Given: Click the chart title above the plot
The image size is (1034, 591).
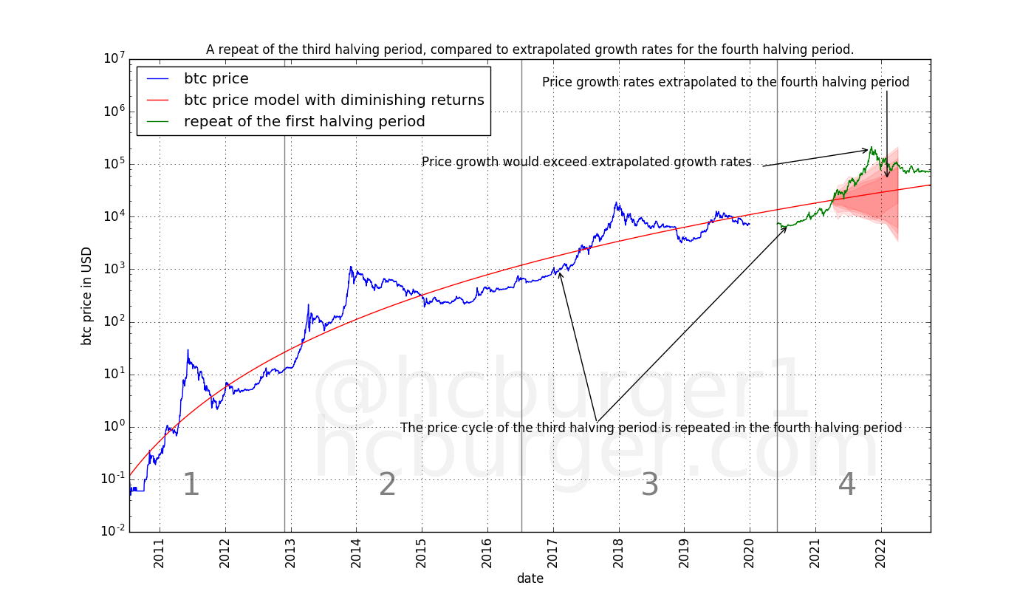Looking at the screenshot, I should pyautogui.click(x=530, y=49).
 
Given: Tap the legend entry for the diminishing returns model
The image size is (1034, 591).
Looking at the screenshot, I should pyautogui.click(x=334, y=100).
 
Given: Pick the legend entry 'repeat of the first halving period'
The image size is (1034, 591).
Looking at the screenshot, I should pyautogui.click(x=304, y=122).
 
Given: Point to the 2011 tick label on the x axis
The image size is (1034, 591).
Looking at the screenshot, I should pyautogui.click(x=160, y=554).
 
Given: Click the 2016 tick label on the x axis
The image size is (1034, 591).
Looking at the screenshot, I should pyautogui.click(x=487, y=554).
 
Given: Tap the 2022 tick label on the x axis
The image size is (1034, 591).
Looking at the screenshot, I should pyautogui.click(x=881, y=554).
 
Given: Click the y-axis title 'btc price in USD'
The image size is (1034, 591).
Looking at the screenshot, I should pyautogui.click(x=86, y=295).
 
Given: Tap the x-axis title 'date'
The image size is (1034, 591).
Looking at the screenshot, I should pyautogui.click(x=530, y=578).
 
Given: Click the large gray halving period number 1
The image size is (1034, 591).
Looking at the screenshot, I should pyautogui.click(x=191, y=485).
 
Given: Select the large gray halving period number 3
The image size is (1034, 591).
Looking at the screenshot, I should pyautogui.click(x=649, y=485).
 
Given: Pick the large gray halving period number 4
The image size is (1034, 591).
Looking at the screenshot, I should pyautogui.click(x=847, y=485).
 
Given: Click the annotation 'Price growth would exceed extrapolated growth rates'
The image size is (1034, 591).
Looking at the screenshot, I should pyautogui.click(x=586, y=162).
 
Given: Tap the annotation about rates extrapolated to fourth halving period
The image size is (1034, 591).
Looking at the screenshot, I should pyautogui.click(x=725, y=82).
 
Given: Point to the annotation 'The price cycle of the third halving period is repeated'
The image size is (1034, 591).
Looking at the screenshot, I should pyautogui.click(x=651, y=428).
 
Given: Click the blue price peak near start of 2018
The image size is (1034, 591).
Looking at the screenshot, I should pyautogui.click(x=616, y=202).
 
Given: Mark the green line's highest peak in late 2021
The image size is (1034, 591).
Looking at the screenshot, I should pyautogui.click(x=872, y=147).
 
